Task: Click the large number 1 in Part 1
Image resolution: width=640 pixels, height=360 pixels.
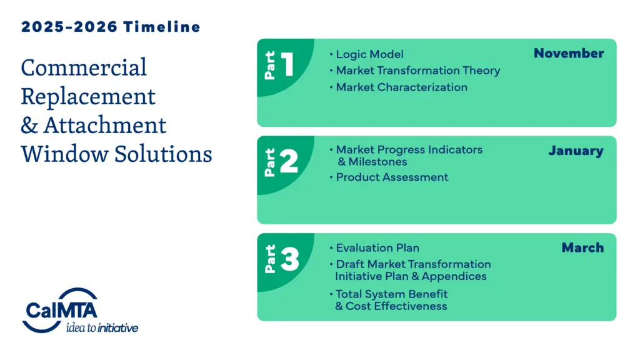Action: [x=287, y=64]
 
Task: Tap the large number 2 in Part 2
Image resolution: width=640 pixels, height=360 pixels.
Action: [x=288, y=162]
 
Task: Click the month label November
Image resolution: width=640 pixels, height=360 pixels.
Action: [x=568, y=53]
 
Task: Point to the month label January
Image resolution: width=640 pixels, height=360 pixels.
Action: [x=576, y=151]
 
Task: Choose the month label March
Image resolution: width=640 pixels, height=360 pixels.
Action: [x=582, y=247]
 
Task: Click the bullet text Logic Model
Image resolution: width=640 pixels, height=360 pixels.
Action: [x=369, y=54]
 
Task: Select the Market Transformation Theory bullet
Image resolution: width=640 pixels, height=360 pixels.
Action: [x=417, y=71]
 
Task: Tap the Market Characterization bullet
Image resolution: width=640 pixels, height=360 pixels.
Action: [x=401, y=87]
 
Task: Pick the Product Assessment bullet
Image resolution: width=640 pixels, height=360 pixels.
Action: [x=392, y=177]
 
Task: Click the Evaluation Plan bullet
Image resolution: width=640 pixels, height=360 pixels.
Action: [x=377, y=247]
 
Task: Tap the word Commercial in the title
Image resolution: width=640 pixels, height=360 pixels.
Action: [x=84, y=67]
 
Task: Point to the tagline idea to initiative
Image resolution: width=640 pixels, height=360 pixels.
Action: [x=102, y=327]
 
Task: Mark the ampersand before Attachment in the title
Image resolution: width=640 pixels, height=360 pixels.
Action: [x=29, y=125]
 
